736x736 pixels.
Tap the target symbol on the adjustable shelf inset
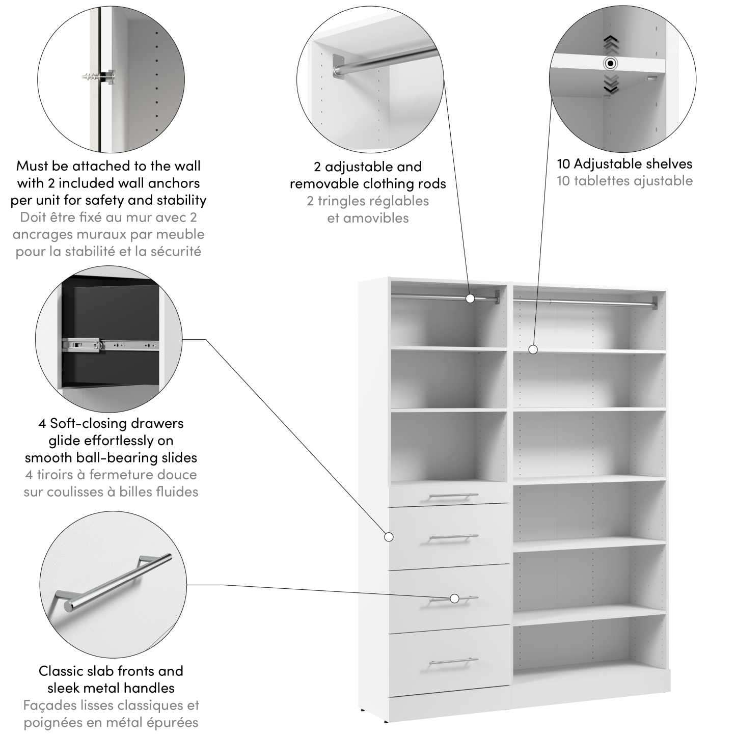[610, 64]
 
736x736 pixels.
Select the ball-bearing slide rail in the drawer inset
[110, 345]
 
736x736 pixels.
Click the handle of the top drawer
[453, 496]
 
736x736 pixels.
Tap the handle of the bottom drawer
[453, 662]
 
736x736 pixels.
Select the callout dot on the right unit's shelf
[533, 349]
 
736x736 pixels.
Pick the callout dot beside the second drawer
[389, 536]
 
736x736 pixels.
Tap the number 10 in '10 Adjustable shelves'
[563, 164]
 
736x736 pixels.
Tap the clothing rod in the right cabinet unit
[586, 302]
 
